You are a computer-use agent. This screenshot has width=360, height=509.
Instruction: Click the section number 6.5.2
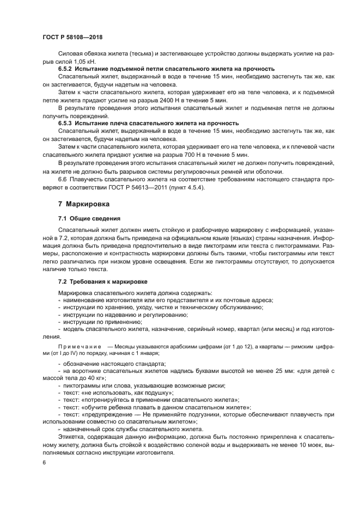[66, 69]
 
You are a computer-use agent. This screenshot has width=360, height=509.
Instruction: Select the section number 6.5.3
[66, 123]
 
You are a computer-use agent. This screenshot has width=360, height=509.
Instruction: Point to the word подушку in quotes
[158, 393]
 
